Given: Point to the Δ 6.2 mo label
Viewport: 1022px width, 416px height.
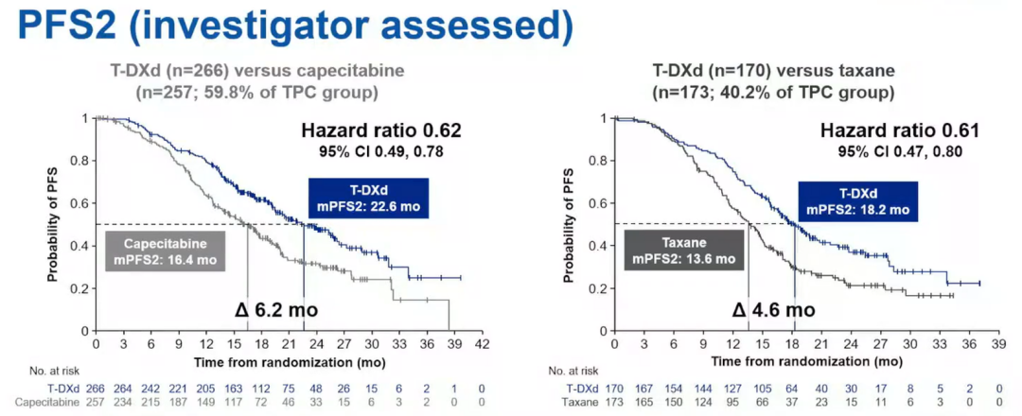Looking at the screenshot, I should click(x=275, y=309).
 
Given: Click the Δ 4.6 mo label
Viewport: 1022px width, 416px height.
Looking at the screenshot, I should click(x=773, y=309).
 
